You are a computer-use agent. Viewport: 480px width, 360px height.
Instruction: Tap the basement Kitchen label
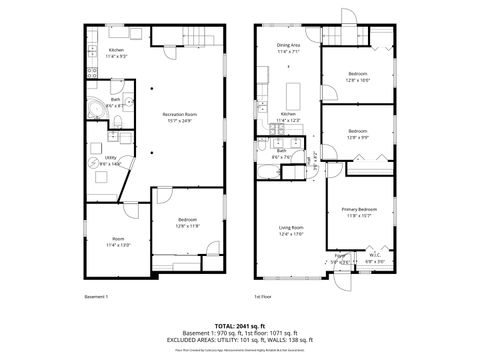(117, 51)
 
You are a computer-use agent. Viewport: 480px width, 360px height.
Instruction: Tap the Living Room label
(290, 231)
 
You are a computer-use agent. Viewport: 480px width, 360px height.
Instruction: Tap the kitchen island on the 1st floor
(296, 95)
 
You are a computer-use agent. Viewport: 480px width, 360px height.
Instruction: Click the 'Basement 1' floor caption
(96, 297)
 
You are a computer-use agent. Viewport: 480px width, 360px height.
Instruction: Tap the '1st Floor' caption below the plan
(264, 297)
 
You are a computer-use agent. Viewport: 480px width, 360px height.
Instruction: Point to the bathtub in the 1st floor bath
(268, 173)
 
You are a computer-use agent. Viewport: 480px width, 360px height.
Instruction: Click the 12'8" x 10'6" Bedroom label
(358, 76)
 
